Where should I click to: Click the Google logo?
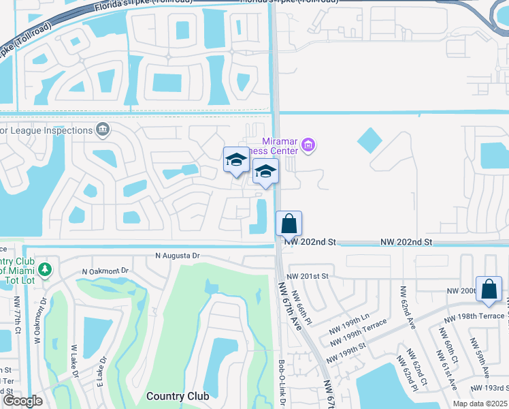22,401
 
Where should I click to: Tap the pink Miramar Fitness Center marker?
308,145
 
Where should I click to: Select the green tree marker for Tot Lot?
45,269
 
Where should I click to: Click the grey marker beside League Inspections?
102,129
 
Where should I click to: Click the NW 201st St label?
308,275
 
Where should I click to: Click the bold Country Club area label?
174,396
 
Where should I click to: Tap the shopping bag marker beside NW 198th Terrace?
489,289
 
